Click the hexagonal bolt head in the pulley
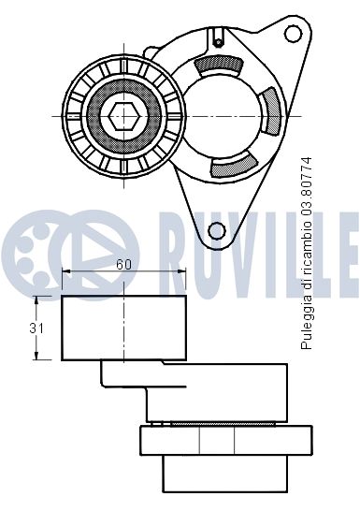124,116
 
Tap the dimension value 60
123,264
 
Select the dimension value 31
36,328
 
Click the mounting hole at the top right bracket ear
294,34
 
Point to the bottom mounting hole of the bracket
217,231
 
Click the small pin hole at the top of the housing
219,42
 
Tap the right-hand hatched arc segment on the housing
271,110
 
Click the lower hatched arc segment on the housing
233,166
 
